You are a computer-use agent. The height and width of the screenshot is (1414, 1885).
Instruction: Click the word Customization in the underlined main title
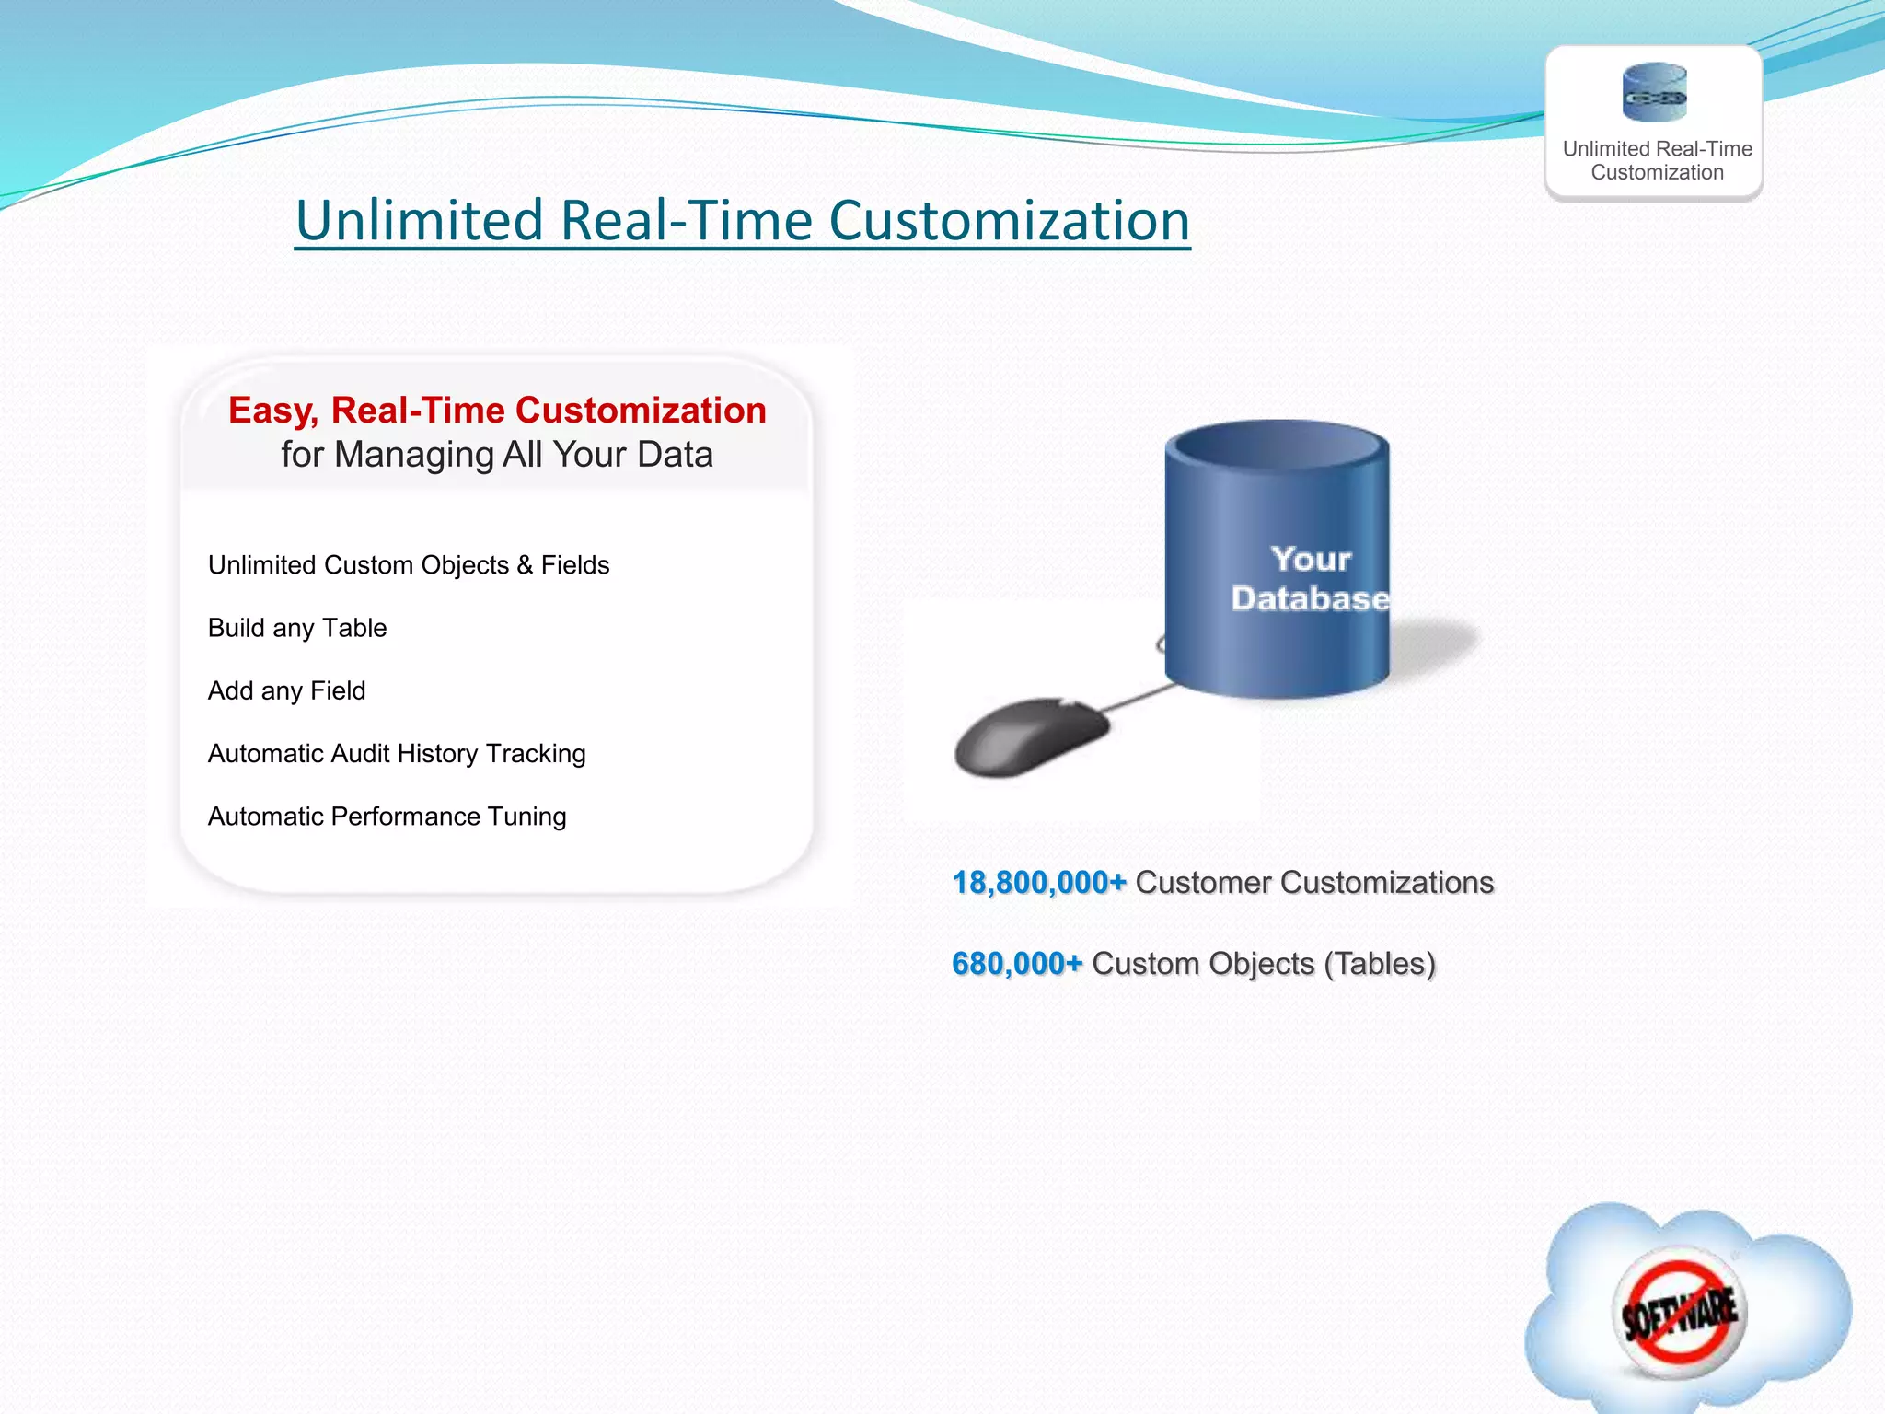tap(1009, 221)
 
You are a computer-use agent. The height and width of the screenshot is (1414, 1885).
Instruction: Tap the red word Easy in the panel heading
tap(272, 411)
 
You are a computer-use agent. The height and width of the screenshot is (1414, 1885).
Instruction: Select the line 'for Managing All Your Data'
tap(497, 455)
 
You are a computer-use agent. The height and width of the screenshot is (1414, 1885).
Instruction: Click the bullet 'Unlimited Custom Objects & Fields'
tap(409, 564)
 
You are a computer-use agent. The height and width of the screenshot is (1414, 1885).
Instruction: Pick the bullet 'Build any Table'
tap(297, 628)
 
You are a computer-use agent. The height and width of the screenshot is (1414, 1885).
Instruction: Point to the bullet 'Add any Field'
tap(287, 690)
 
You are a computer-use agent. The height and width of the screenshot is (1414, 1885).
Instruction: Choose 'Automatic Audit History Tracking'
tap(397, 753)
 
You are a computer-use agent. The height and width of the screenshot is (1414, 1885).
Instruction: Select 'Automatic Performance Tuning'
tap(387, 817)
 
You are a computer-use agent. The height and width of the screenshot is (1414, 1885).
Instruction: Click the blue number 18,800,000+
tap(1038, 882)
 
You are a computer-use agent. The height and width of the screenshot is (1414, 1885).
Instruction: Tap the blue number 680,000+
tap(1016, 964)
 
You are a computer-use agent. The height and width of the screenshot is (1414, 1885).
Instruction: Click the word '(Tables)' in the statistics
tap(1379, 964)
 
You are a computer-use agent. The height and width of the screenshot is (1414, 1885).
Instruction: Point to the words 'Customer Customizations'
tap(1314, 882)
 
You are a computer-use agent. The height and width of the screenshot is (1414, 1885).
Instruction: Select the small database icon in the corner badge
tap(1654, 92)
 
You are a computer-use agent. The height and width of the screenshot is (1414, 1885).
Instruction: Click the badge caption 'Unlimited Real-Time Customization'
tap(1657, 160)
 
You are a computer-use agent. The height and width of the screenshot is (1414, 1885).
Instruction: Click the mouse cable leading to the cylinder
tap(1138, 698)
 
